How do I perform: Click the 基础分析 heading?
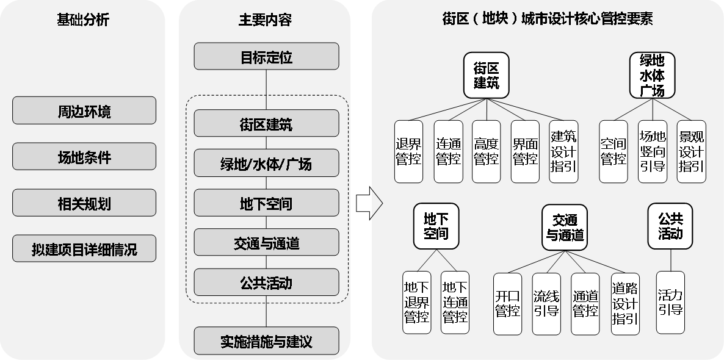pos(83,20)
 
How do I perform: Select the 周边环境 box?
pos(84,111)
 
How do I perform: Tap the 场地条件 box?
pos(84,157)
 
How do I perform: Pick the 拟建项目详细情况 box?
pos(84,249)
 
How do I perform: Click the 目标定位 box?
pos(266,57)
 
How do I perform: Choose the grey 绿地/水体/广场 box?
pos(266,164)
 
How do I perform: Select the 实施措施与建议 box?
pos(266,340)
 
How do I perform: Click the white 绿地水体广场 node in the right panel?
pos(651,75)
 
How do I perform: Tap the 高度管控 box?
pos(487,151)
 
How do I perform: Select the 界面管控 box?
pos(525,151)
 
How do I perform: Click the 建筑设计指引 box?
pos(563,151)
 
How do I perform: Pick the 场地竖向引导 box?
pos(652,151)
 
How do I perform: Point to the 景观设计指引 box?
pos(691,151)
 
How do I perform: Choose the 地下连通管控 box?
pos(455,303)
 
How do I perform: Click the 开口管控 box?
pos(508,303)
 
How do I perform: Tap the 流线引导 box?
pos(546,303)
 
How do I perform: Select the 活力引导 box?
pos(670,303)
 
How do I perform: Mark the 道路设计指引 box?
pos(625,303)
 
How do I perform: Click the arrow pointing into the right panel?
pos(377,203)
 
